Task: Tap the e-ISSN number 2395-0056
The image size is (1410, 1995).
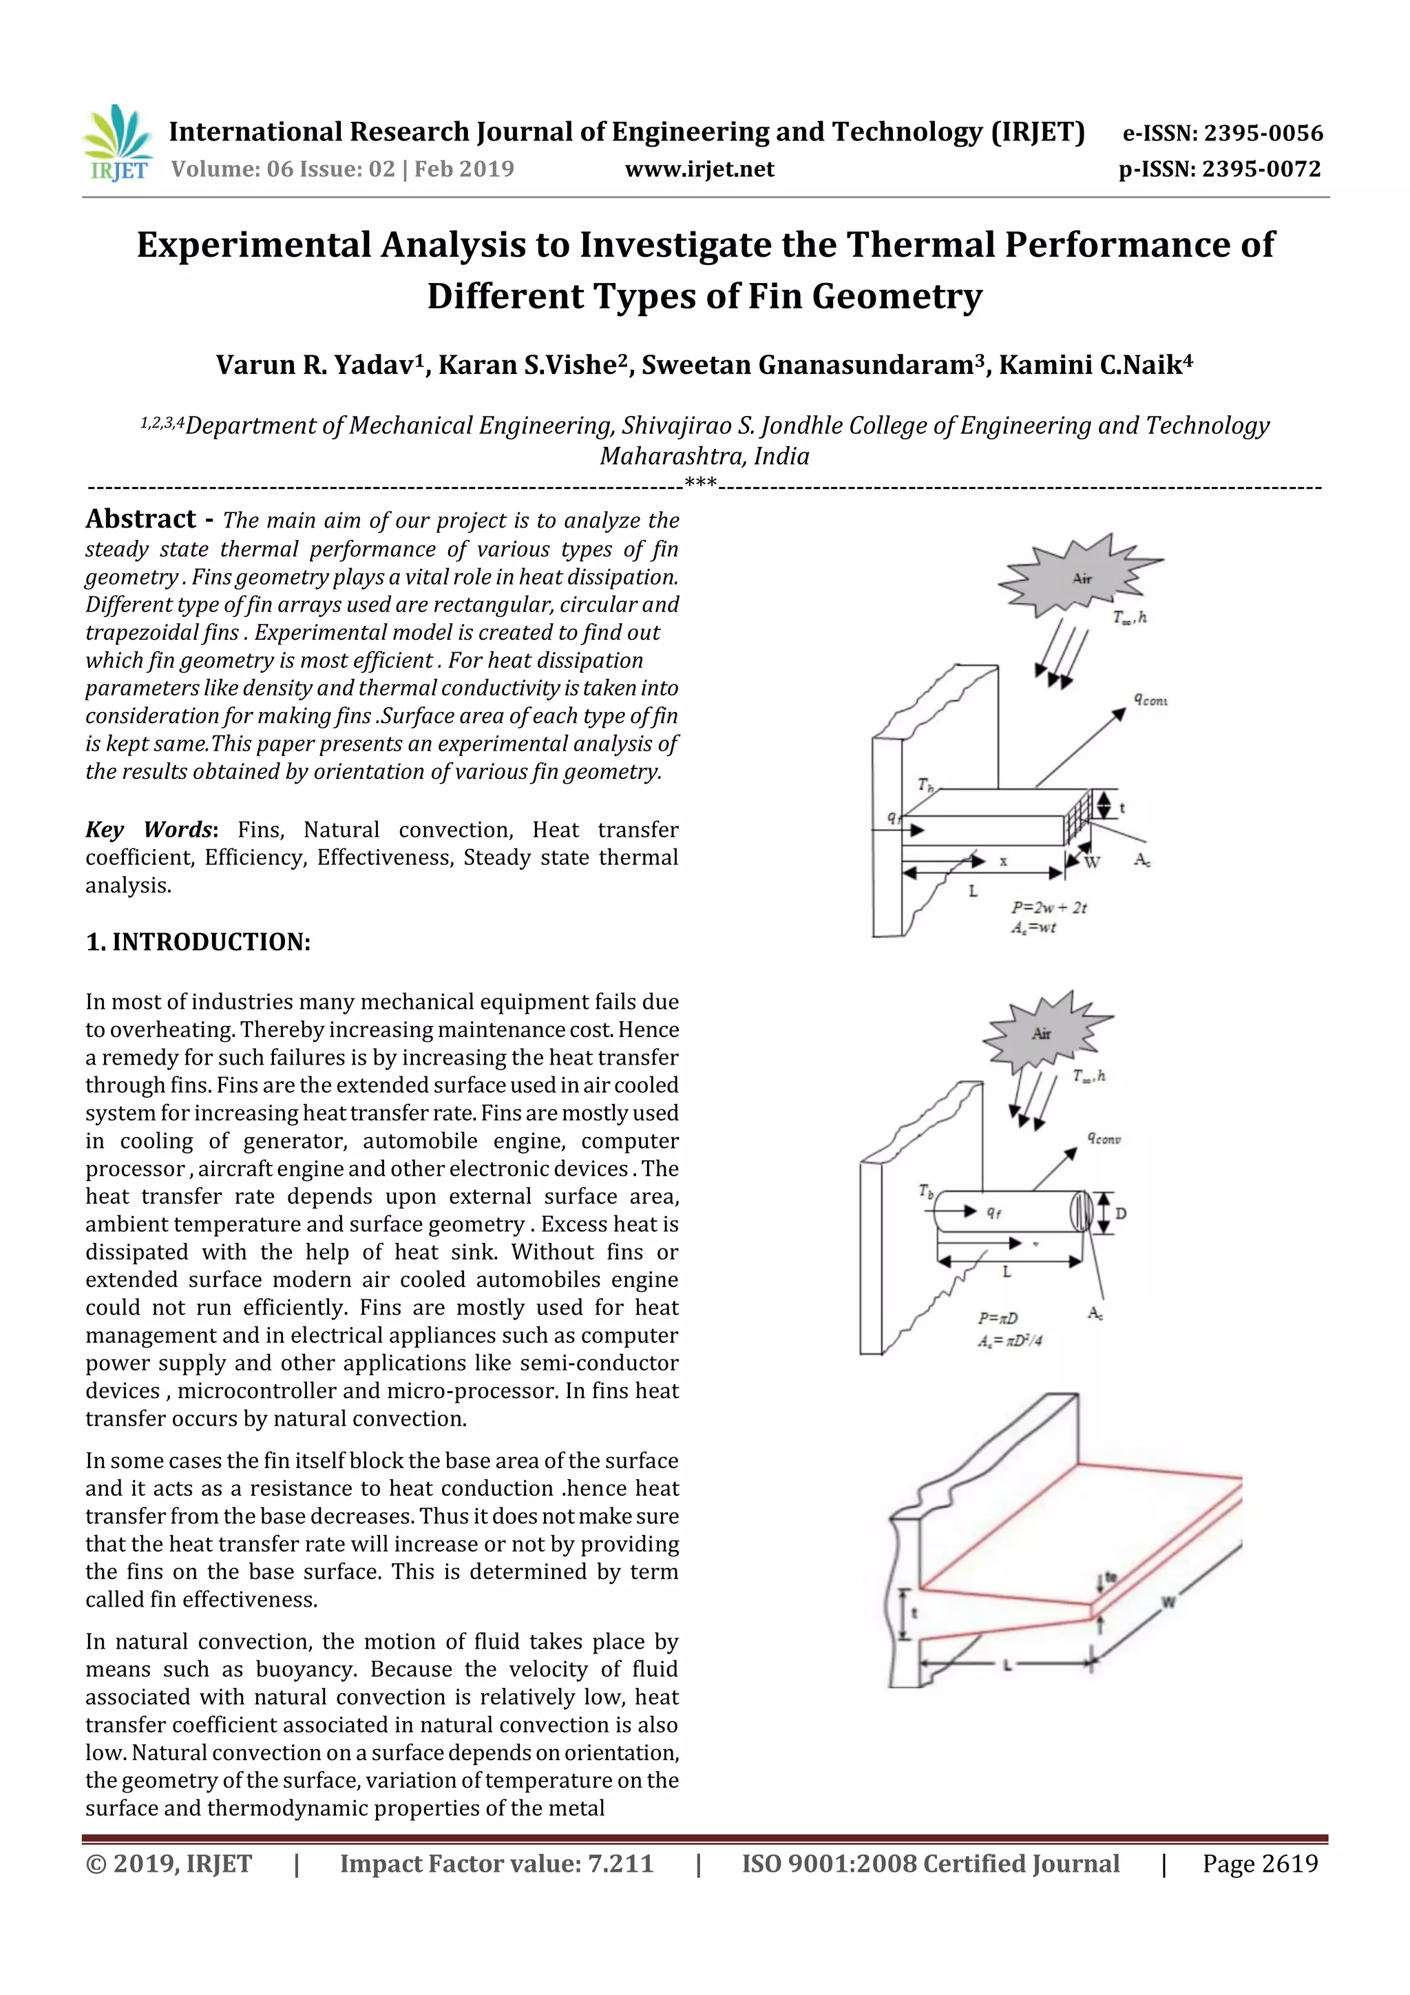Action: click(1263, 134)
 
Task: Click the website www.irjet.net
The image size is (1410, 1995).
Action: click(699, 169)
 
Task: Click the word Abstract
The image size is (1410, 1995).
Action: click(140, 520)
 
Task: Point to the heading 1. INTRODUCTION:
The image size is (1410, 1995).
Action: click(198, 943)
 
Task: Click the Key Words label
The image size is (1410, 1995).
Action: click(149, 830)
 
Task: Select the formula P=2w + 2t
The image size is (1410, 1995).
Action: click(1049, 907)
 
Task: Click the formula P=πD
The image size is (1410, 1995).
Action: click(998, 1319)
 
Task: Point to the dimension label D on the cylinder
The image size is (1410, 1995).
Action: click(1121, 1213)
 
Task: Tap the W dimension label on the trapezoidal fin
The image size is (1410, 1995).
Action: click(1168, 1602)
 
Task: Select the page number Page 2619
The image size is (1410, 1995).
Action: click(1260, 1863)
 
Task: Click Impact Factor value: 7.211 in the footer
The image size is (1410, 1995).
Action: click(496, 1863)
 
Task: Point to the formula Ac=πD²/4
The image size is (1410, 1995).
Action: click(1009, 1341)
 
